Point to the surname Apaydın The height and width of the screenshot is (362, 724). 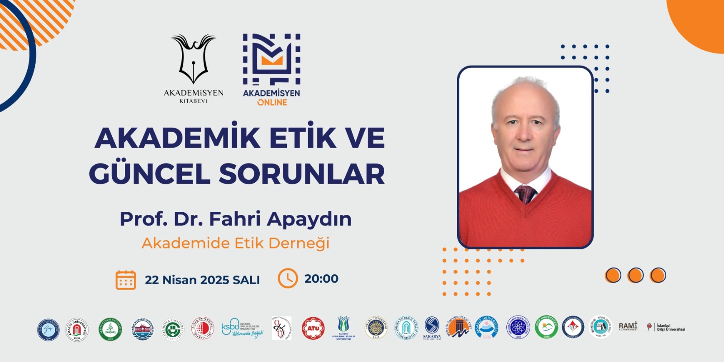pyautogui.click(x=309, y=219)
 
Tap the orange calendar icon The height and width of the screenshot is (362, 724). pyautogui.click(x=126, y=280)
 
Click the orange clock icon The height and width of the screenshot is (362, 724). pyautogui.click(x=288, y=278)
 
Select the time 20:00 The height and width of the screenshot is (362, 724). pyautogui.click(x=321, y=279)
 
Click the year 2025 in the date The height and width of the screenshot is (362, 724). pyautogui.click(x=214, y=280)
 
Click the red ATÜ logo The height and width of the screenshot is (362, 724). pyautogui.click(x=313, y=329)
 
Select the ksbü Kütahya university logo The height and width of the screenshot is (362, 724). pyautogui.click(x=242, y=328)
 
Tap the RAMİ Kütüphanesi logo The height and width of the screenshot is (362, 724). pyautogui.click(x=628, y=326)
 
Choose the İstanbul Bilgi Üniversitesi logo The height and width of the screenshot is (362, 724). pyautogui.click(x=666, y=327)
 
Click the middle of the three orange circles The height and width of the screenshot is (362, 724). pyautogui.click(x=635, y=275)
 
